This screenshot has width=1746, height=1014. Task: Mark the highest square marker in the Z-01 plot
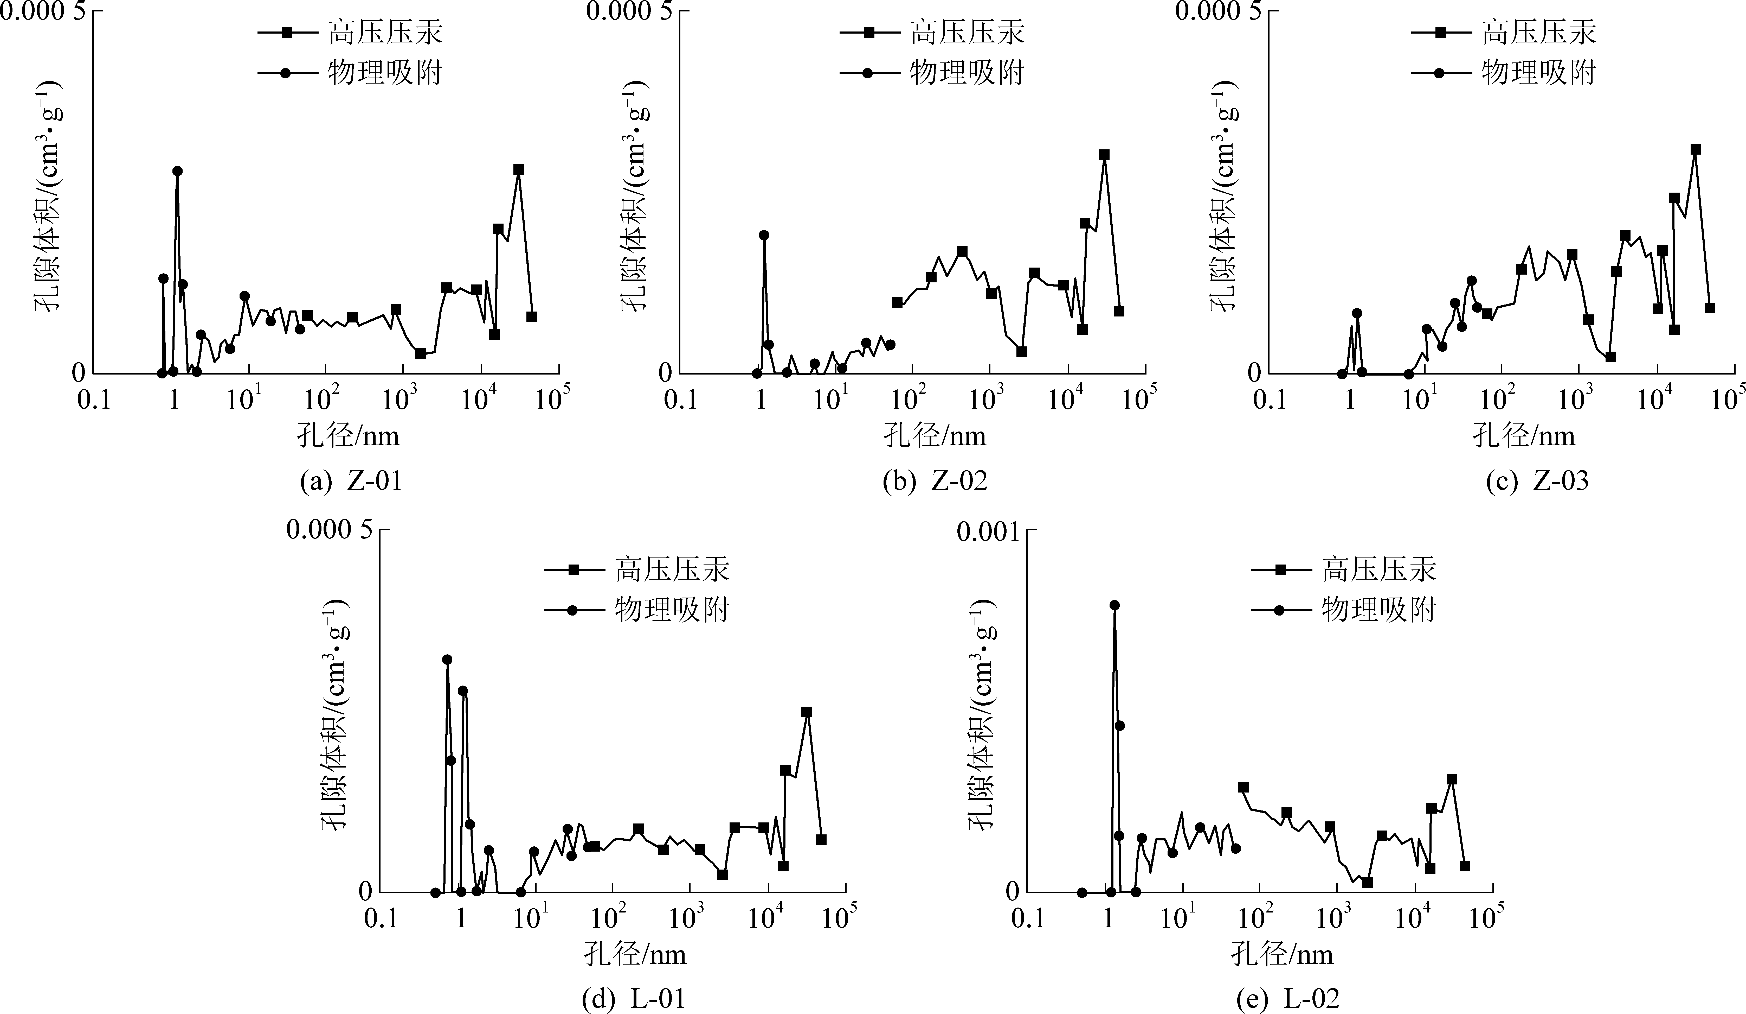pyautogui.click(x=518, y=169)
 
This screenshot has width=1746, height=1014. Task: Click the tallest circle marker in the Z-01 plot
pyautogui.click(x=177, y=171)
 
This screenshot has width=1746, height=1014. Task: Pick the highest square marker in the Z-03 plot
pyautogui.click(x=1696, y=149)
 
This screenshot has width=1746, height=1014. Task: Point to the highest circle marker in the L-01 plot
pyautogui.click(x=447, y=659)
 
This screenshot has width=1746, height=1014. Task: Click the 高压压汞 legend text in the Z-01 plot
pyautogui.click(x=384, y=33)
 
